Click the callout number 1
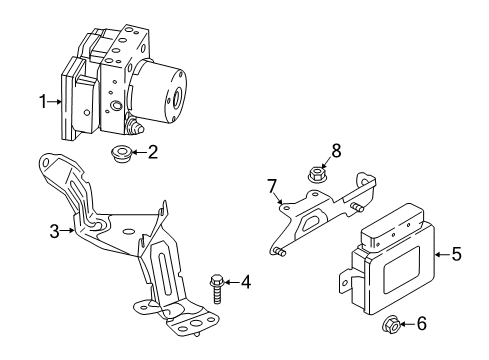(x=43, y=101)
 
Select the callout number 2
(x=153, y=152)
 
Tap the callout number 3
(x=54, y=231)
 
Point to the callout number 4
(x=246, y=282)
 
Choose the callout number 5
(x=457, y=254)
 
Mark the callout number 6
(x=422, y=324)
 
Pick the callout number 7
(x=272, y=186)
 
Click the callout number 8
(x=336, y=150)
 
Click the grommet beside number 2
(x=120, y=155)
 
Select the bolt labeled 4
(x=216, y=289)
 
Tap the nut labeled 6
(x=390, y=324)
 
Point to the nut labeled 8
(x=315, y=174)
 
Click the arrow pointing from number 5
(x=442, y=254)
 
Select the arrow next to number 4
(x=231, y=283)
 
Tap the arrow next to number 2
(x=139, y=152)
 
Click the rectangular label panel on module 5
(x=401, y=270)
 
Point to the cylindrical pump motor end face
(x=176, y=94)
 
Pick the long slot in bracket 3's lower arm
(x=166, y=272)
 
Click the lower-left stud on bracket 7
(x=278, y=252)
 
